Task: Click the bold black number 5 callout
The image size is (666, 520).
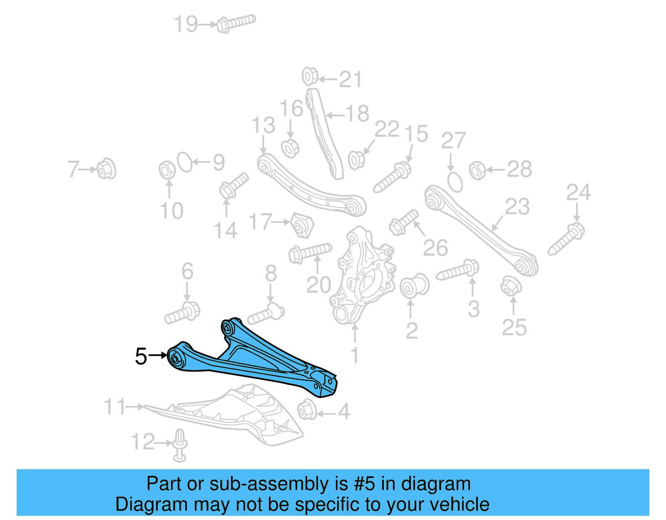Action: click(141, 357)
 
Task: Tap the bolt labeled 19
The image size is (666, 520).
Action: click(235, 23)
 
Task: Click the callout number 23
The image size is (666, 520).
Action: click(517, 207)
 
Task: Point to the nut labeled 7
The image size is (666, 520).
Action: click(106, 169)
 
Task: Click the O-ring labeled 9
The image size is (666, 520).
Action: click(185, 162)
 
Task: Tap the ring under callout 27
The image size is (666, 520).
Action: click(455, 182)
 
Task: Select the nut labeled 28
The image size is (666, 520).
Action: click(477, 170)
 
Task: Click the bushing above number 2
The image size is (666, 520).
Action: click(414, 286)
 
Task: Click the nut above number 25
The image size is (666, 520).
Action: click(510, 286)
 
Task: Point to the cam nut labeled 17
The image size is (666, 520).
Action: click(302, 225)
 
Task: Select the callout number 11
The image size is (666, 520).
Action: click(114, 407)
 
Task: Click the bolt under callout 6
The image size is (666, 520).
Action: click(182, 313)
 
